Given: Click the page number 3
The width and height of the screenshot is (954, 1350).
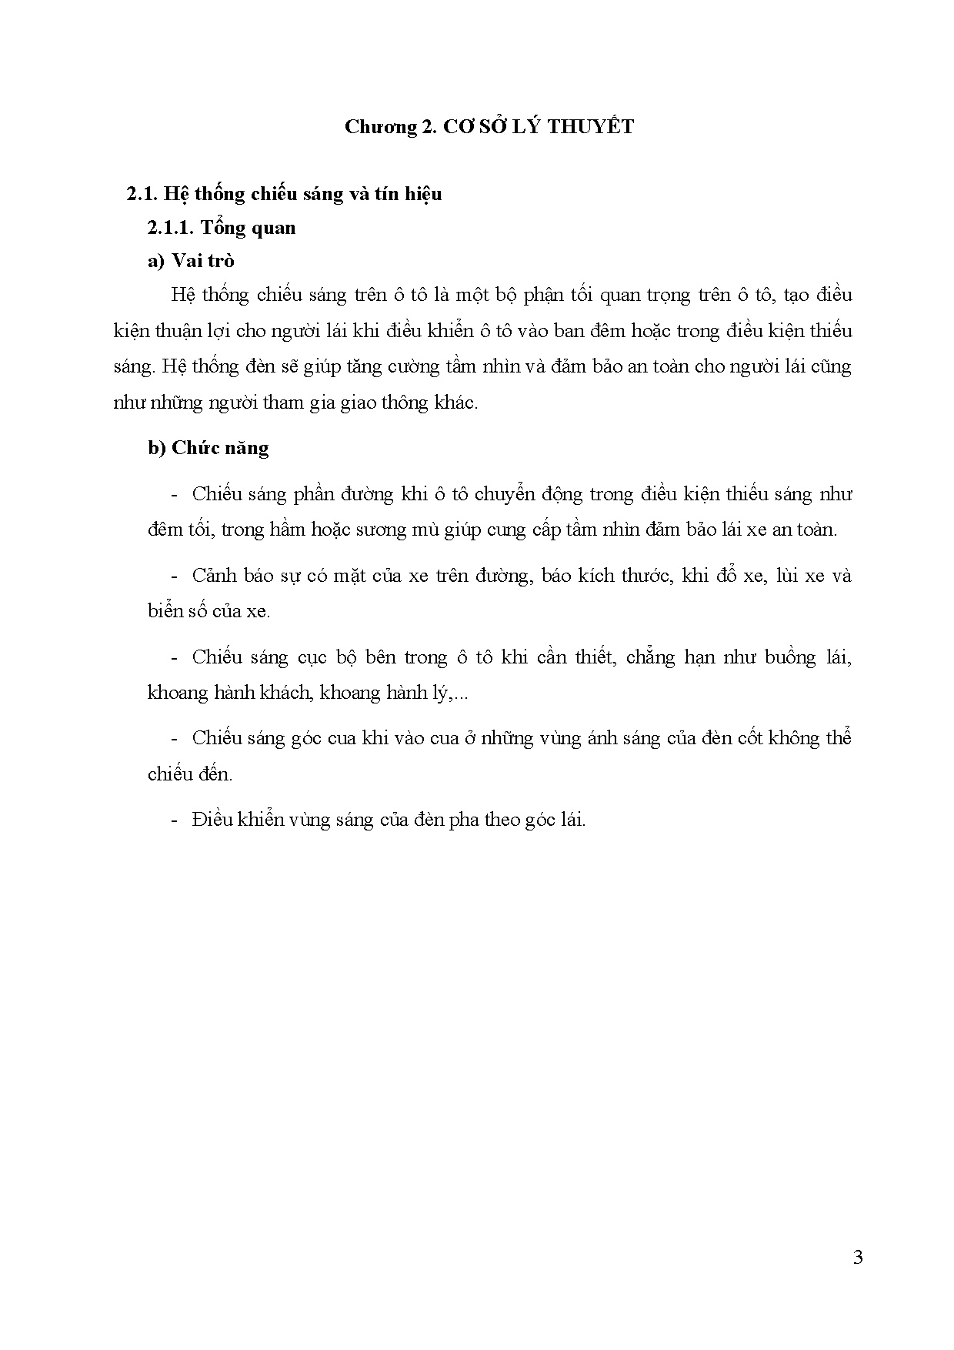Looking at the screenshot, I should coord(858,1258).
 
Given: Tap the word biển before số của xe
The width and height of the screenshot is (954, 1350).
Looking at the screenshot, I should coord(165,611).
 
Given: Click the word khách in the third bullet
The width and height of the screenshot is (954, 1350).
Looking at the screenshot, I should coord(286,693).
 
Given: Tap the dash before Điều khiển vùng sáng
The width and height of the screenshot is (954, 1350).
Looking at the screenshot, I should coord(174,820).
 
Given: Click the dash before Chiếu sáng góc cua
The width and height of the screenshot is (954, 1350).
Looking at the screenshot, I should coord(174,738).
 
